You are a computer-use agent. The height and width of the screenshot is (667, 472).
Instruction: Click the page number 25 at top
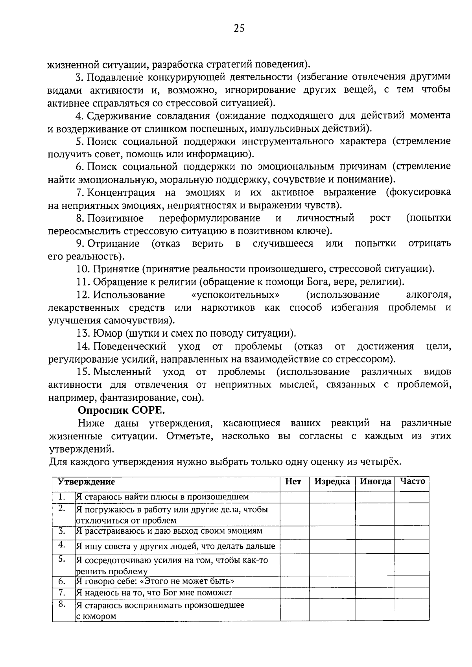[239, 28]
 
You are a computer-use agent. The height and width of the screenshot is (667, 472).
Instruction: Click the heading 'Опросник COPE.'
[121, 410]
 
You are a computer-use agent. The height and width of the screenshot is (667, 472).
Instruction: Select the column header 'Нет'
[293, 482]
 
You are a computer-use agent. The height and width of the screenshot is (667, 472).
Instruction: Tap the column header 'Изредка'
[332, 482]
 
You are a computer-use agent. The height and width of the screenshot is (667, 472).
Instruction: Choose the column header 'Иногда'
[376, 482]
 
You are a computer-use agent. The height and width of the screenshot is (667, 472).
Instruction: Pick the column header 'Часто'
[412, 482]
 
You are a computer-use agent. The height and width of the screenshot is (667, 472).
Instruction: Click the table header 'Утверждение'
[87, 482]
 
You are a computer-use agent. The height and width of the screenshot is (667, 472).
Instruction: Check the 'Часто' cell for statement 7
[412, 593]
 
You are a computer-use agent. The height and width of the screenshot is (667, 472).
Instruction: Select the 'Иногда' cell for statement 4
[375, 546]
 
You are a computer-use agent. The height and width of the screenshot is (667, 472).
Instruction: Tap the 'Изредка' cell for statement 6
[332, 582]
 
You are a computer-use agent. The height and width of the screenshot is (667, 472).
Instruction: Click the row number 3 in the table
[61, 531]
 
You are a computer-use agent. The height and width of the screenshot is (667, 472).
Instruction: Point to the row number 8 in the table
[61, 605]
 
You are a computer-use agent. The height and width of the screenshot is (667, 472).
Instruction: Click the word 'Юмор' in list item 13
[108, 333]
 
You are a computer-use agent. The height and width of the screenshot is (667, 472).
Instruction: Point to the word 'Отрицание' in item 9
[113, 243]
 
